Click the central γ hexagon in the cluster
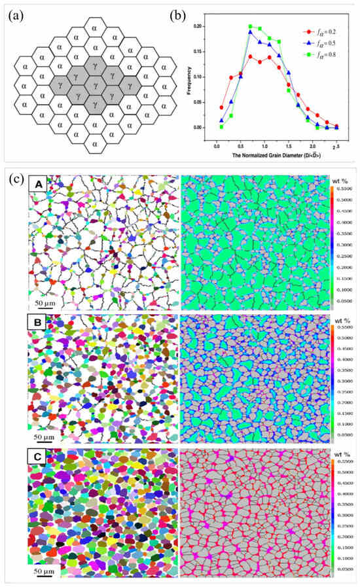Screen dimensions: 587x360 [x=96, y=84]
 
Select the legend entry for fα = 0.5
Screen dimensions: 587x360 [x=325, y=43]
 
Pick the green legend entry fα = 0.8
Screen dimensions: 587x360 [x=325, y=56]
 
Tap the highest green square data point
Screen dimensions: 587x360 [x=250, y=27]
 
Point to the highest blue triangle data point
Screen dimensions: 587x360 [x=250, y=31]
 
